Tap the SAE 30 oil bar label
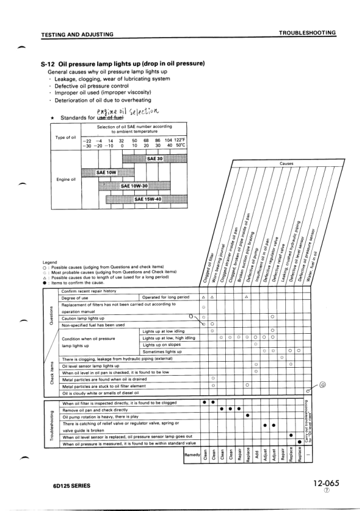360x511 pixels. pos(155,159)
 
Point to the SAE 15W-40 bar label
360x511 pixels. pos(148,198)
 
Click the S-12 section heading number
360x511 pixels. pos(48,64)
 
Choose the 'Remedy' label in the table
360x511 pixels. pos(191,455)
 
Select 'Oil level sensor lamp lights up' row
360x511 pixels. pos(93,367)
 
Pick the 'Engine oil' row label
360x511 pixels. pos(66,180)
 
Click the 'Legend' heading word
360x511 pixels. pos(49,262)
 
